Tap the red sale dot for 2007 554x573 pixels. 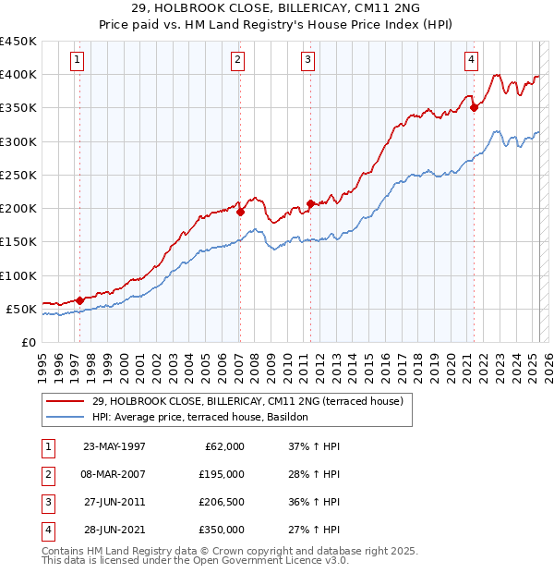click(240, 212)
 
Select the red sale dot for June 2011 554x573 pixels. click(310, 203)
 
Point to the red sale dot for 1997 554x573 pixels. click(79, 300)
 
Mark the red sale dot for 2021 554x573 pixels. click(474, 107)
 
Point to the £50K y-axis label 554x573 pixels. click(21, 309)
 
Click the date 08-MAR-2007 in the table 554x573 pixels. click(114, 474)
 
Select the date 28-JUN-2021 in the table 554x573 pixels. click(114, 530)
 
